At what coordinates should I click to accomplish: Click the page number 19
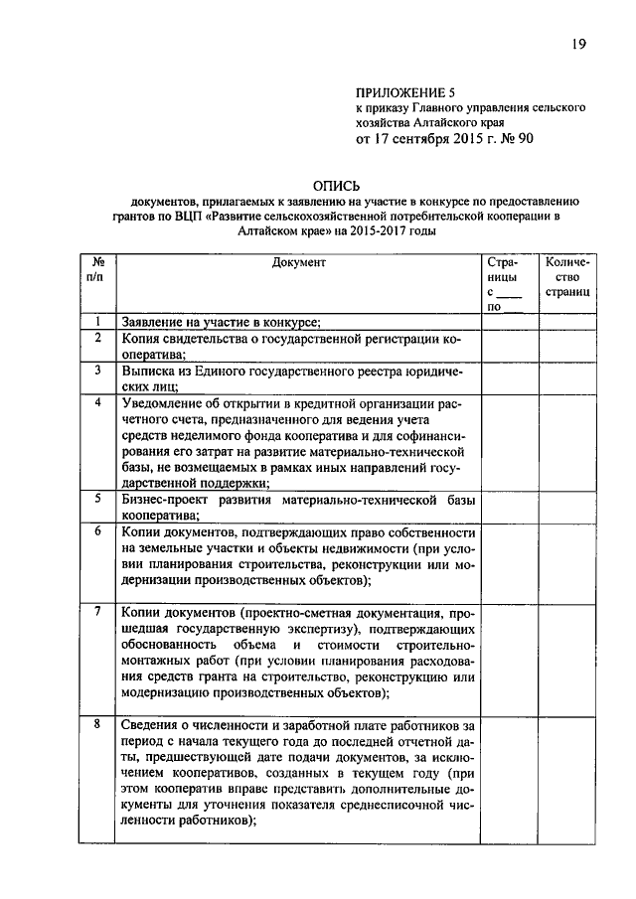tap(580, 45)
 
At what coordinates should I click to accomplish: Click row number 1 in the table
tap(97, 322)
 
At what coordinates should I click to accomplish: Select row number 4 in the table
tap(97, 403)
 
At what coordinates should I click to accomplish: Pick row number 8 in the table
tap(97, 724)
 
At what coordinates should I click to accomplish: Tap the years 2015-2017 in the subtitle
tap(369, 229)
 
